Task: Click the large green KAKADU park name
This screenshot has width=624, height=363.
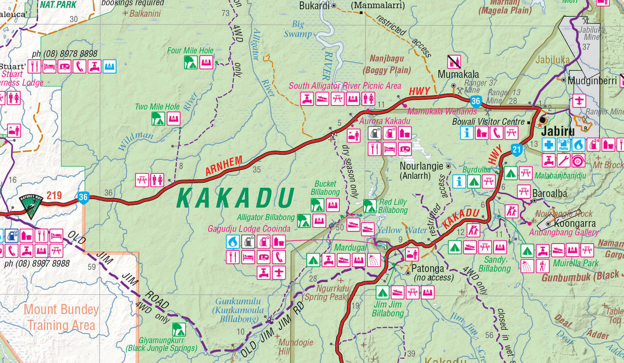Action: (235, 198)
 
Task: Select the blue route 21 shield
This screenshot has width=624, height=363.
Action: (517, 150)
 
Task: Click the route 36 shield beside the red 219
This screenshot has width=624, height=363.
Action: (83, 197)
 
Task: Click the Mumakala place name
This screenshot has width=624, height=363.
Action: (458, 74)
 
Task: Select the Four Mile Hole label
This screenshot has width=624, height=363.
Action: (190, 51)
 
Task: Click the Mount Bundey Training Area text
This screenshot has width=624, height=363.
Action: (61, 317)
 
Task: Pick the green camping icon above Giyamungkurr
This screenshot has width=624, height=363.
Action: (179, 330)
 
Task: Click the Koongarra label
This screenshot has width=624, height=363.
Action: (575, 223)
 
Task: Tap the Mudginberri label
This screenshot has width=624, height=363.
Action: (592, 81)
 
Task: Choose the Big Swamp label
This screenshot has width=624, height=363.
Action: (298, 29)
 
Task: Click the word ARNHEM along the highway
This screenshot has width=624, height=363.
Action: (223, 166)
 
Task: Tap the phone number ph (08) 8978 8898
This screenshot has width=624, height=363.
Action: (65, 54)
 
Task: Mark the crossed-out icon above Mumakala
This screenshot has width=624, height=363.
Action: (454, 62)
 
